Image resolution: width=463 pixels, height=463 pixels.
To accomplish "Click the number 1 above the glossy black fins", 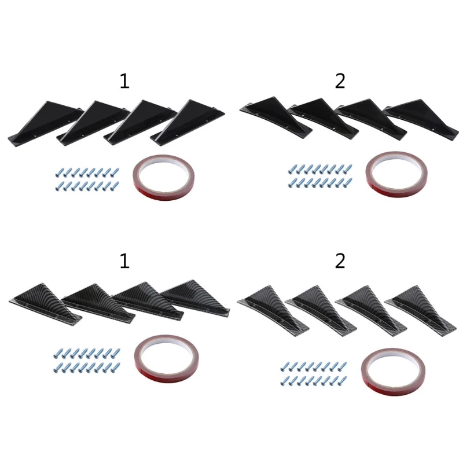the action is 124,81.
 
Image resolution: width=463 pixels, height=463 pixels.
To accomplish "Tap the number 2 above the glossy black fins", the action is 340,81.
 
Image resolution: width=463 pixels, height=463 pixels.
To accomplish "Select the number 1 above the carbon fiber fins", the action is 124,262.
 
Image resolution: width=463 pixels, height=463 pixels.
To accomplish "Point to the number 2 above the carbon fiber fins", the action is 340,262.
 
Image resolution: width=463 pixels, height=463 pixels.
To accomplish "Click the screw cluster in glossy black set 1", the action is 87,178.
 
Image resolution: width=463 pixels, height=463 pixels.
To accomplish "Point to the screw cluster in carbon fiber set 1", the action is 87,359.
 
